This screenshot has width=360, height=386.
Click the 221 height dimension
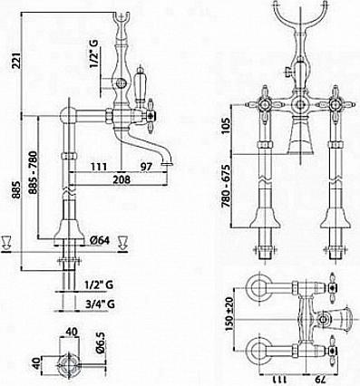[x=16, y=62]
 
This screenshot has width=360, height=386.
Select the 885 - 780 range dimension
[x=33, y=172]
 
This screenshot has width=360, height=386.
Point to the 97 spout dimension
[x=146, y=167]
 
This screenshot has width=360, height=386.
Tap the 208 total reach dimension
[x=122, y=179]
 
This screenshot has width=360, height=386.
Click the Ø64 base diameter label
[x=100, y=241]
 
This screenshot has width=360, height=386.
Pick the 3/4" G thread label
[x=100, y=304]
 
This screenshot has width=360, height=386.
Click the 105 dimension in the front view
[x=226, y=126]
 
